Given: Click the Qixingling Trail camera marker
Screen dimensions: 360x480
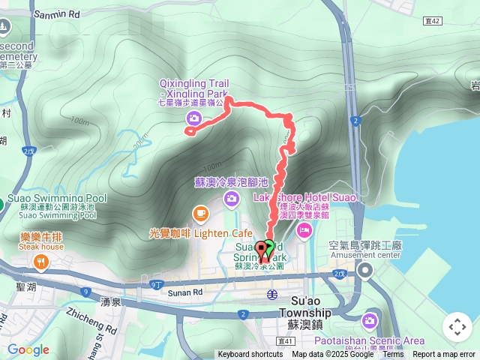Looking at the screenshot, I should pyautogui.click(x=194, y=118).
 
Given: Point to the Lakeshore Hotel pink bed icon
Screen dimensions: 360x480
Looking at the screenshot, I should pyautogui.click(x=304, y=228).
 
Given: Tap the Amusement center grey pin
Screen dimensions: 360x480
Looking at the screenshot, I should pyautogui.click(x=365, y=270).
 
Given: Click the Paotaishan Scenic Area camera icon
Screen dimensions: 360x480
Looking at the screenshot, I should pyautogui.click(x=370, y=321).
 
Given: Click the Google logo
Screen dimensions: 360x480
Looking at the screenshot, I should pyautogui.click(x=28, y=349).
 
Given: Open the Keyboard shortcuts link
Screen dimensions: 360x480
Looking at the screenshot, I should pyautogui.click(x=250, y=355).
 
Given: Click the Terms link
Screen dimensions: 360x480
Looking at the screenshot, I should pyautogui.click(x=392, y=355).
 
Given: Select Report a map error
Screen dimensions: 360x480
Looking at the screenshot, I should pyautogui.click(x=444, y=355).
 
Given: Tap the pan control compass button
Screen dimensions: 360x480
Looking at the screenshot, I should pyautogui.click(x=457, y=327).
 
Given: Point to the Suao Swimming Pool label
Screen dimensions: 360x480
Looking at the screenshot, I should pyautogui.click(x=57, y=199).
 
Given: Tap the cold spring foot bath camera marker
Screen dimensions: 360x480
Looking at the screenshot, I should pyautogui.click(x=230, y=197).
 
